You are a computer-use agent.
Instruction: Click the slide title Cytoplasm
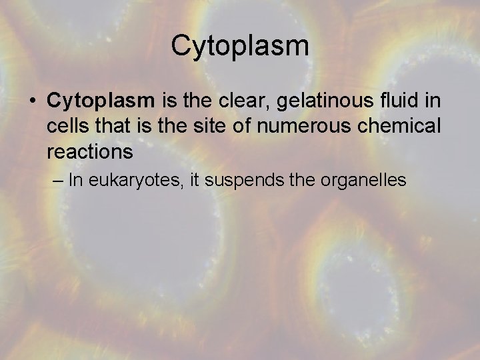240,46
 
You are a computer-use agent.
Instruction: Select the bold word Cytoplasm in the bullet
101,101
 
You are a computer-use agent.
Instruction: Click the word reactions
90,152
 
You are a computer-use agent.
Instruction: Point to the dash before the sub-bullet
56,181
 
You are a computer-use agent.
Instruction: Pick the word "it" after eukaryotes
194,181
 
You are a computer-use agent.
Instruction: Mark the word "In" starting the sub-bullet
76,181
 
